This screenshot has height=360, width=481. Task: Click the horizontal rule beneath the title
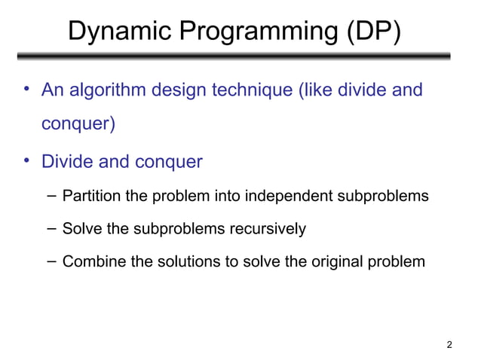pos(234,56)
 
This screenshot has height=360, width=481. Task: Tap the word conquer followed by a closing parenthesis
pos(78,124)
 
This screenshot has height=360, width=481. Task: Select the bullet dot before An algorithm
pos(26,90)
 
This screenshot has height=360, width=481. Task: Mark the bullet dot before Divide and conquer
pos(26,160)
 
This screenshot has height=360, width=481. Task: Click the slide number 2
pos(449,345)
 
